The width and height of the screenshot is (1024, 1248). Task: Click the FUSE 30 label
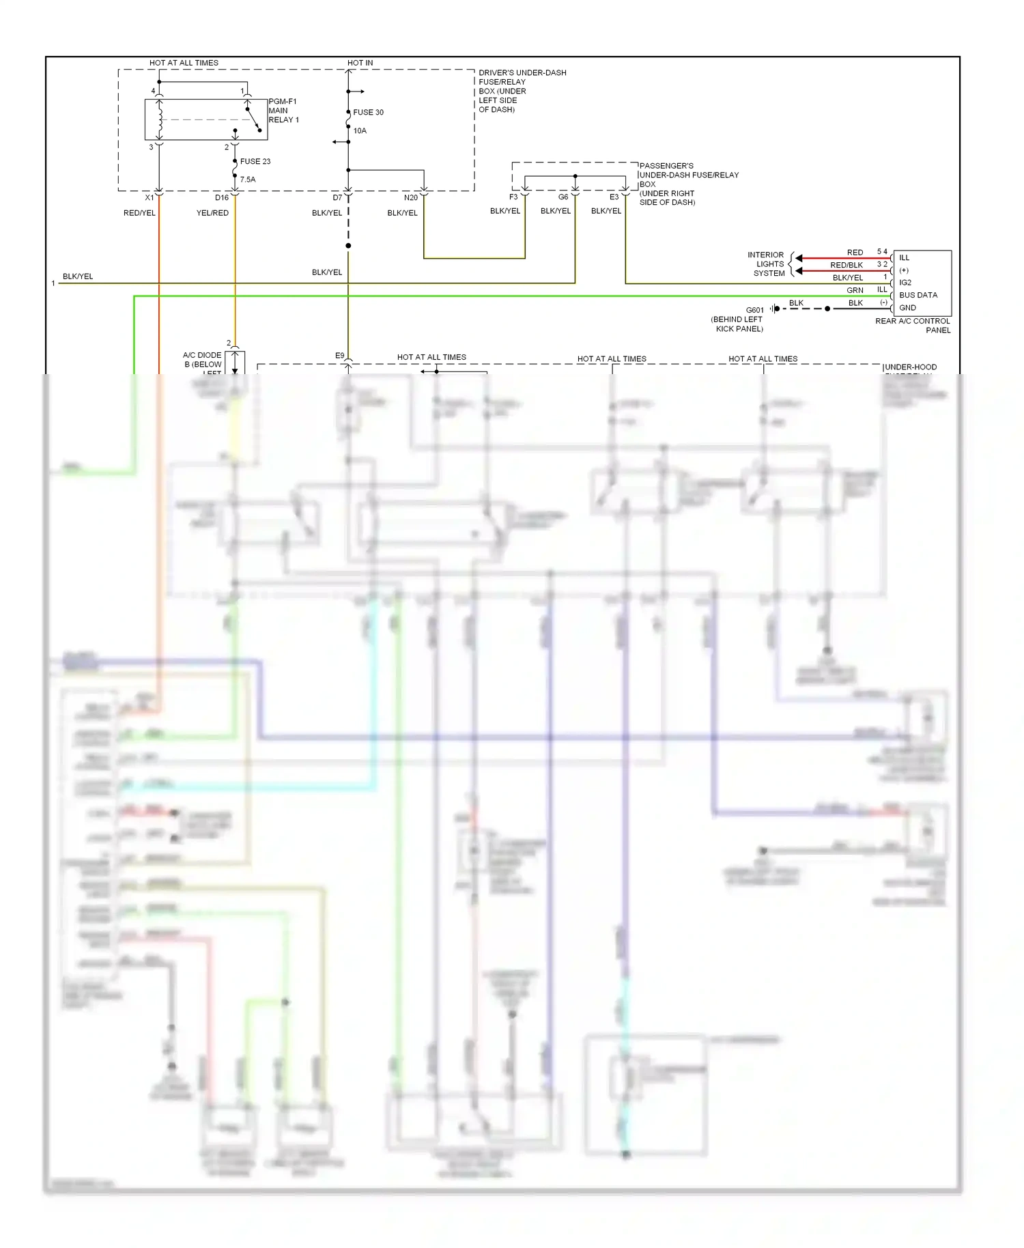tap(368, 112)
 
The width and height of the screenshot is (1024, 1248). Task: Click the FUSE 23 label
tap(255, 162)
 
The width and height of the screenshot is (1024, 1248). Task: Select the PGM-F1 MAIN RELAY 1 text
tap(283, 111)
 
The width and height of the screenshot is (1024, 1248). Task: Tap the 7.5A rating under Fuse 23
tap(248, 180)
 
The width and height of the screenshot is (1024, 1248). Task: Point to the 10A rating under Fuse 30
tap(360, 130)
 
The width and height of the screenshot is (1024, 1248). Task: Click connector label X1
tap(150, 198)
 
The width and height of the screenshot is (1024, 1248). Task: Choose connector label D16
tap(222, 198)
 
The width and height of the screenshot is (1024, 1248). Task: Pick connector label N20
tap(410, 198)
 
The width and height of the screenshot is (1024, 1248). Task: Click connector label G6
tap(563, 197)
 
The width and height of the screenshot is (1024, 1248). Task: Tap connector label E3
tap(614, 197)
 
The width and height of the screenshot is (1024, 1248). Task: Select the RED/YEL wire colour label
tap(139, 213)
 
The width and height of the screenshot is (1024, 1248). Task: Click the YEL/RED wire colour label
tap(212, 213)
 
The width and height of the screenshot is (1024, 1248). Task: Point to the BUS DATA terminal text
tap(918, 295)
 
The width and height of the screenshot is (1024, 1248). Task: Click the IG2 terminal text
tap(905, 283)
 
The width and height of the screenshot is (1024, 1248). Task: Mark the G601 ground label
tap(755, 310)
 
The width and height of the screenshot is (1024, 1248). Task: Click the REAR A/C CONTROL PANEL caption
tap(913, 325)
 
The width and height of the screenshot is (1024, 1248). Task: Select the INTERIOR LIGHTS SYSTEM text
tap(766, 264)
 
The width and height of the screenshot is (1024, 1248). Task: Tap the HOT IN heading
tap(360, 63)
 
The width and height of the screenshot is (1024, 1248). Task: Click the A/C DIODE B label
tap(202, 360)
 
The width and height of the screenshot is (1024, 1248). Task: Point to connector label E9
tap(339, 356)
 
